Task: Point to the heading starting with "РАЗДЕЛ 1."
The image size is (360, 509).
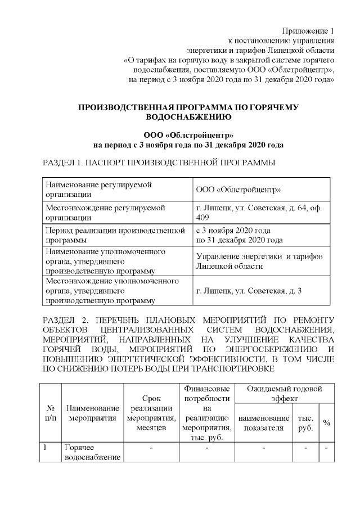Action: (159, 163)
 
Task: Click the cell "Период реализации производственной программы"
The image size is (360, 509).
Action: (115, 235)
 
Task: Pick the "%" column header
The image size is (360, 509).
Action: (326, 422)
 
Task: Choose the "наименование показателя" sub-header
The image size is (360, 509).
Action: (264, 422)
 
